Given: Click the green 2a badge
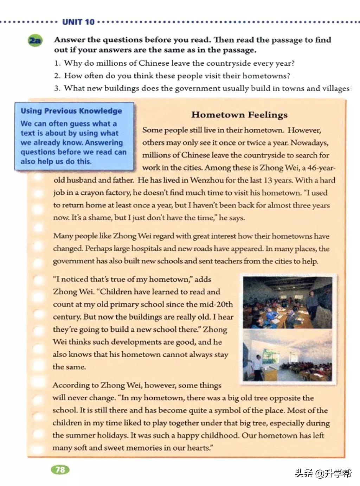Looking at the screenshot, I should pyautogui.click(x=34, y=40).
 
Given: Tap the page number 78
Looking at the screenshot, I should pyautogui.click(x=60, y=469).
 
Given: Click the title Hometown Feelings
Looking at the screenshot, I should pyautogui.click(x=239, y=115).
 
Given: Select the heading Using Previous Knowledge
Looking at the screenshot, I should pyautogui.click(x=71, y=111).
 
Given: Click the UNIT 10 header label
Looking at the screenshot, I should pyautogui.click(x=78, y=22).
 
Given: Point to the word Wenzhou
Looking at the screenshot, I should pyautogui.click(x=206, y=180).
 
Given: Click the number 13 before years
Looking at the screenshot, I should pyautogui.click(x=268, y=180).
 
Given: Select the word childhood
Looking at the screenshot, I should pyautogui.click(x=216, y=435).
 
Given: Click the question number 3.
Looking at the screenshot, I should pyautogui.click(x=57, y=88).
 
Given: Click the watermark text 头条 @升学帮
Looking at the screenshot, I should pyautogui.click(x=323, y=473).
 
